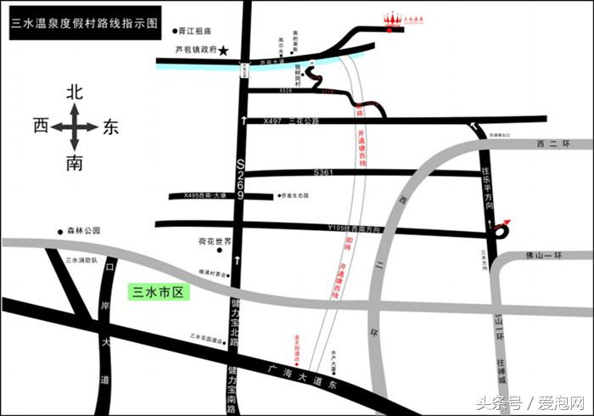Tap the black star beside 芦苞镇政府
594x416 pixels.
(x=224, y=51)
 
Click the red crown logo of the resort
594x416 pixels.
(x=392, y=19)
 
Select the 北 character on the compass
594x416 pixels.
(x=74, y=90)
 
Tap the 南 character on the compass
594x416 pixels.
(x=74, y=163)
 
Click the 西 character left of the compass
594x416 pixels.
(x=40, y=126)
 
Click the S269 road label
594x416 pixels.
(x=240, y=178)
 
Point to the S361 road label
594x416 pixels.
(x=322, y=172)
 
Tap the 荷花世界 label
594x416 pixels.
(x=215, y=241)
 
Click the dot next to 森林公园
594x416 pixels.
(x=60, y=231)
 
